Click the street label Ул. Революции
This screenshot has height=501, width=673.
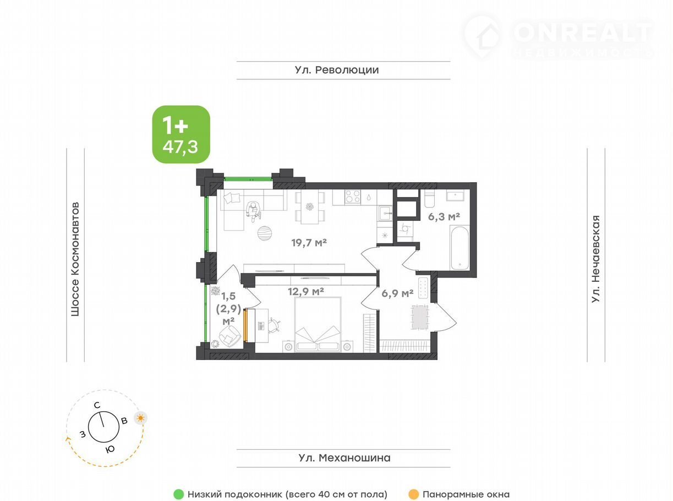pos(337,70)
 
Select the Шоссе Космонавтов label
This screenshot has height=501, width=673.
pos(75,259)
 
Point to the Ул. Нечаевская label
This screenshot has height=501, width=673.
pos(595,259)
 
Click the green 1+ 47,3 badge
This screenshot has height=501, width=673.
pos(181,134)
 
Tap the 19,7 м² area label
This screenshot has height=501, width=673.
pos(309,243)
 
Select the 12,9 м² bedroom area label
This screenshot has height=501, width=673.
pos(306,292)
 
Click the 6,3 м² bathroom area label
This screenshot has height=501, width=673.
pos(444,217)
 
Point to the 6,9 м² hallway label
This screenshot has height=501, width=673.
pos(397,293)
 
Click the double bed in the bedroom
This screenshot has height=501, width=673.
pos(318,325)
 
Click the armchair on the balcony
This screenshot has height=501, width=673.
pos(229,335)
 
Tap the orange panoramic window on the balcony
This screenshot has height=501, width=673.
pos(246,325)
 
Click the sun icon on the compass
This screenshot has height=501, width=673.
pos(140,418)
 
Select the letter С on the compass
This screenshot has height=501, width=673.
pos(97,405)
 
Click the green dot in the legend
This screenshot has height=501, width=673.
pos(178,494)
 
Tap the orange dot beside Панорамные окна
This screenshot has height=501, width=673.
pos(414,494)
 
